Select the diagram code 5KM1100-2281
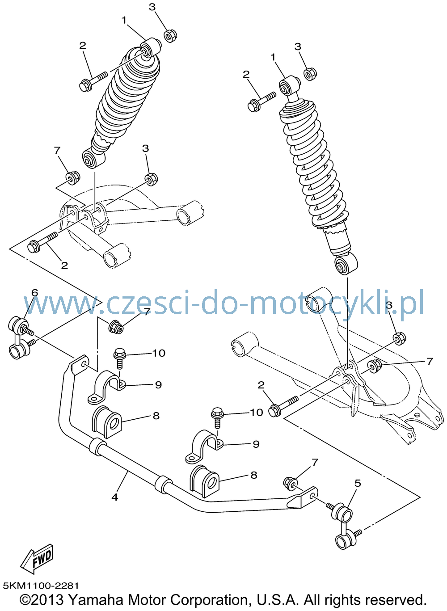(x=41, y=586)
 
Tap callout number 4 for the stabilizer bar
(x=114, y=497)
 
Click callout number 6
(x=34, y=293)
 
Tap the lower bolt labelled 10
(x=217, y=422)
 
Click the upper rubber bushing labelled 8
(x=107, y=422)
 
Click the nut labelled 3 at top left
(x=171, y=36)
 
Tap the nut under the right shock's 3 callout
(x=310, y=74)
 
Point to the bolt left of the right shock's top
(x=261, y=101)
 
